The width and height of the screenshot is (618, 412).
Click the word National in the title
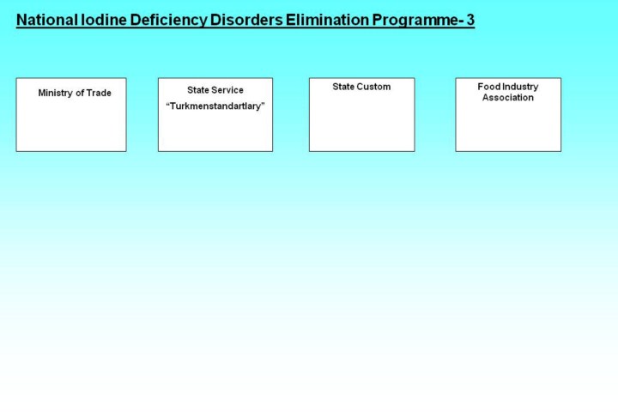tap(47, 20)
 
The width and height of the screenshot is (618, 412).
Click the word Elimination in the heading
tap(327, 20)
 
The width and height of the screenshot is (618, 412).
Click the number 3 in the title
tap(470, 20)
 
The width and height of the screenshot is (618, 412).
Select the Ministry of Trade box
tap(71, 115)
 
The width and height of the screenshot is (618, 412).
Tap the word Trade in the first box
tap(99, 93)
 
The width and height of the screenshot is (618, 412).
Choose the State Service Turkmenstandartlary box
tap(215, 115)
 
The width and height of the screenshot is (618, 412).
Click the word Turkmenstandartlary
tap(215, 106)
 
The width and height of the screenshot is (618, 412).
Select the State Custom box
tap(362, 115)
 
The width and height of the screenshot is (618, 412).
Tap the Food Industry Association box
tap(508, 115)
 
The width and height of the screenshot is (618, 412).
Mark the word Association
tap(508, 97)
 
